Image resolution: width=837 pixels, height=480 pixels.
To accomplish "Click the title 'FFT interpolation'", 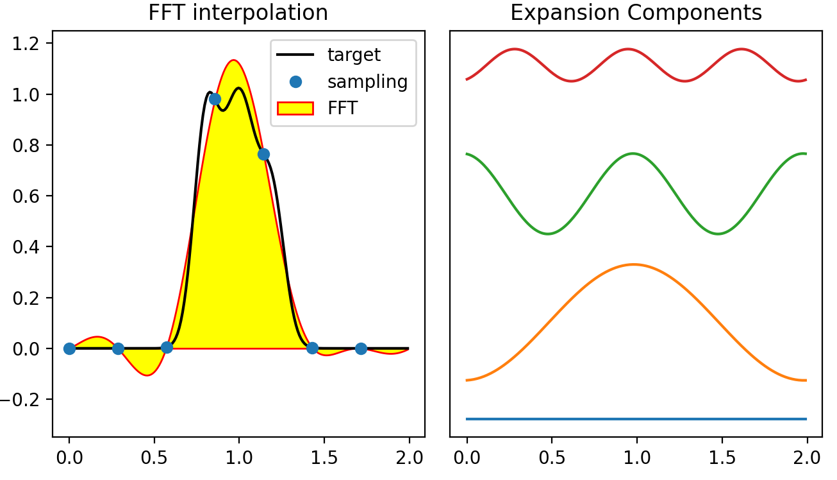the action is [x=238, y=12].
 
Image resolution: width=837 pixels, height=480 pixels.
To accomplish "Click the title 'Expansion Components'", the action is [x=636, y=12].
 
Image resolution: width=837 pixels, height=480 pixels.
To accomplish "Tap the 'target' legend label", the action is [x=354, y=55].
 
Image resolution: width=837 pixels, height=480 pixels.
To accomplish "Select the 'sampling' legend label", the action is [x=367, y=82].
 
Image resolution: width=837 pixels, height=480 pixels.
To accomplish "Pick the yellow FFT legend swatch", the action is [x=295, y=108].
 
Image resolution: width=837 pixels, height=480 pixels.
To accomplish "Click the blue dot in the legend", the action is [x=295, y=82].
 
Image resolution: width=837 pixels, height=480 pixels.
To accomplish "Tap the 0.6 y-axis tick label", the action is [x=26, y=196].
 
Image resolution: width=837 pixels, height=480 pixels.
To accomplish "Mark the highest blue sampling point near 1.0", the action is [x=215, y=99].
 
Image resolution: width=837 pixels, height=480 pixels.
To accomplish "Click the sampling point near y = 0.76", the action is [x=263, y=154].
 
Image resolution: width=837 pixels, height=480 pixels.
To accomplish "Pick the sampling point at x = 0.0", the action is [x=69, y=348].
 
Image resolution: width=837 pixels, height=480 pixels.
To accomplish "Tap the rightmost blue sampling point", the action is [x=361, y=348].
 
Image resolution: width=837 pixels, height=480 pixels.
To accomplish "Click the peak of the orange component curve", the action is [x=633, y=264].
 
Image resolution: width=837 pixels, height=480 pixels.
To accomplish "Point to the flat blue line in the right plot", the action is [x=636, y=419].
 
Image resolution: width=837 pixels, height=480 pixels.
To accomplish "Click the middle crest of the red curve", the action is [x=628, y=49].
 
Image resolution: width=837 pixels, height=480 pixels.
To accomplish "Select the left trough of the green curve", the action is [x=548, y=234].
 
